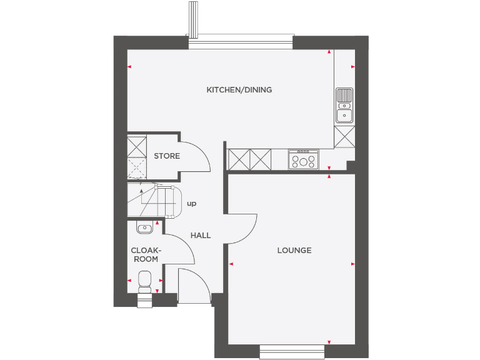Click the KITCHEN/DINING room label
click(x=239, y=90)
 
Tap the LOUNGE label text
click(x=294, y=251)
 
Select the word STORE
click(x=167, y=156)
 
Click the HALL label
click(x=201, y=236)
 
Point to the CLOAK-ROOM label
click(x=144, y=254)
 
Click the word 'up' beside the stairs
click(x=191, y=204)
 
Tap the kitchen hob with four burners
click(x=304, y=160)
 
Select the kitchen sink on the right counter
click(x=344, y=105)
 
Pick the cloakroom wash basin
click(x=144, y=228)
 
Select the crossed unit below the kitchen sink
click(x=344, y=136)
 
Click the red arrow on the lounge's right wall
click(x=353, y=264)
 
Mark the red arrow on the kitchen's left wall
click(x=129, y=67)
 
